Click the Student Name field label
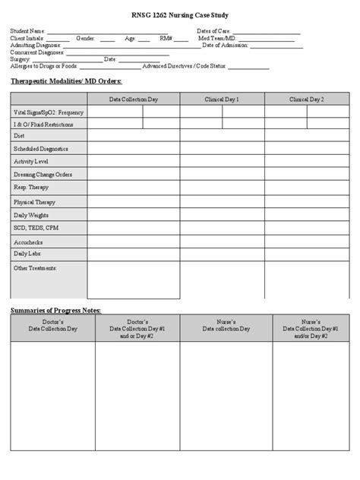click(x=27, y=31)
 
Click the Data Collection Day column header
click(x=133, y=99)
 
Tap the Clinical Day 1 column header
click(x=222, y=99)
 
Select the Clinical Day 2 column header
click(x=306, y=99)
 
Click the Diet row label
click(x=19, y=135)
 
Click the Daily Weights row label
click(x=31, y=215)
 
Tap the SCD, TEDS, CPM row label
click(x=35, y=227)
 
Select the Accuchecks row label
click(x=27, y=242)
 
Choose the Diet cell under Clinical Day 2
click(x=306, y=135)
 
